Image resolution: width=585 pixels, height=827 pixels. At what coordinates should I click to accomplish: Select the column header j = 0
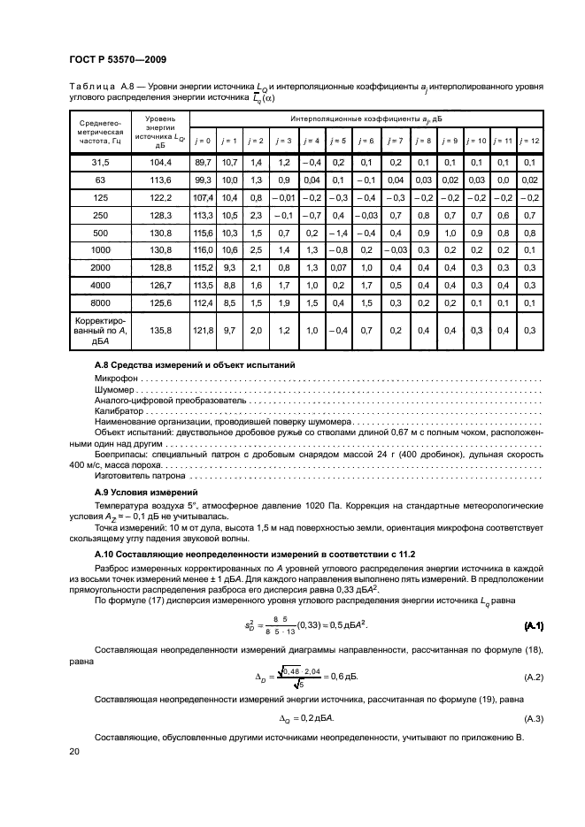(203, 141)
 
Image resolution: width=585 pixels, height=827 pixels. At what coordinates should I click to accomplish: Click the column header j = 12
(529, 141)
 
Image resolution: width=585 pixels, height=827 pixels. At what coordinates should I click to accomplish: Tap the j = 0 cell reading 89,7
(203, 163)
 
